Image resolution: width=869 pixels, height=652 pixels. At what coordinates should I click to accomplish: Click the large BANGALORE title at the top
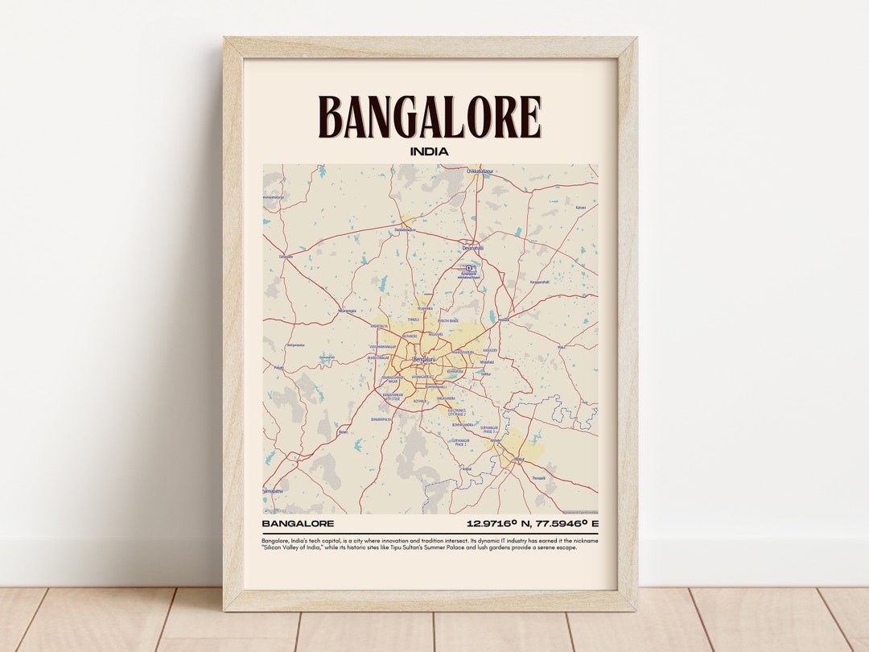[x=429, y=118]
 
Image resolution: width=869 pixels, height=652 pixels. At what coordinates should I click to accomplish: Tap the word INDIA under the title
[x=429, y=151]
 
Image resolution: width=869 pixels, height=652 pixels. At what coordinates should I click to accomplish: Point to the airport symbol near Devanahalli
[x=469, y=268]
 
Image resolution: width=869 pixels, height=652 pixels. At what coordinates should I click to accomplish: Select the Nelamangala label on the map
[x=347, y=310]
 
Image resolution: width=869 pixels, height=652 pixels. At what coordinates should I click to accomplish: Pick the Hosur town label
[x=519, y=460]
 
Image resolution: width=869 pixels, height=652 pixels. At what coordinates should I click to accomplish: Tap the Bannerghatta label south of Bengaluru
[x=382, y=419]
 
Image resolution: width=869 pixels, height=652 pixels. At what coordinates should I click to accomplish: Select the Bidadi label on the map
[x=344, y=431]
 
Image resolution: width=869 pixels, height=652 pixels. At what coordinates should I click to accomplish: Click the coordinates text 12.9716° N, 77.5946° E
[x=532, y=524]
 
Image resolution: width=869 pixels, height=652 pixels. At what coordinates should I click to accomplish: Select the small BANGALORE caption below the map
[x=298, y=524]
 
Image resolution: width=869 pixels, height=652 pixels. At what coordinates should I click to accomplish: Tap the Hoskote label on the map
[x=505, y=320]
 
